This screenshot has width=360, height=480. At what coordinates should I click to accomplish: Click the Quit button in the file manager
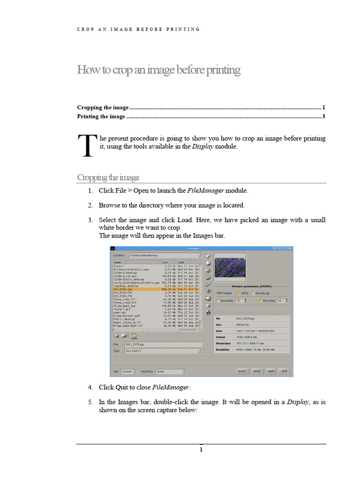(x=284, y=371)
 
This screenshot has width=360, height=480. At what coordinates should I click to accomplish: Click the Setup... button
(x=257, y=371)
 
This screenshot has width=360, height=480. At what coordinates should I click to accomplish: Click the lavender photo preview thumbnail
(x=230, y=266)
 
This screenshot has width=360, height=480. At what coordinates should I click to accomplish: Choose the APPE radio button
(x=238, y=293)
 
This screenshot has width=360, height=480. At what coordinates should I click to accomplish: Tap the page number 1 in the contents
(x=324, y=107)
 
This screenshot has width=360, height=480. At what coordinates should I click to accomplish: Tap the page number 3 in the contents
(x=324, y=116)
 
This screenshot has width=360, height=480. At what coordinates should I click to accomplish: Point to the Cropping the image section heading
(x=108, y=178)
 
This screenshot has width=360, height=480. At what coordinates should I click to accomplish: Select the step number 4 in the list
(x=90, y=387)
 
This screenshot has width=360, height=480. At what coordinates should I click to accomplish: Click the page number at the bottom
(x=201, y=450)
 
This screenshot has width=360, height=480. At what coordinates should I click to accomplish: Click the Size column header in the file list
(x=165, y=262)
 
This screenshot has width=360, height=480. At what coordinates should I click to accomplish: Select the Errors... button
(x=242, y=371)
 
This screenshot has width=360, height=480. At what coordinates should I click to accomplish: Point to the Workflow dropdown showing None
(x=171, y=371)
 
